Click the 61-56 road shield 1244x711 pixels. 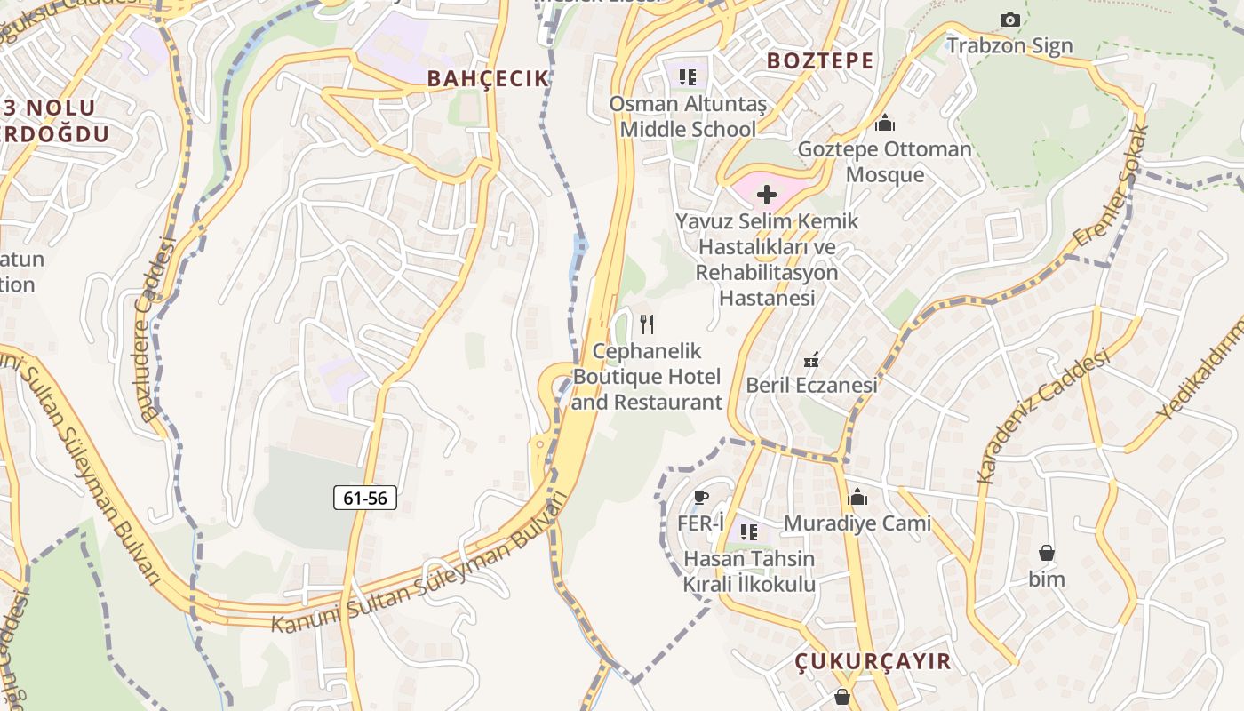pos(365,498)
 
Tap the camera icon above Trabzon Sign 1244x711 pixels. pos(1009,20)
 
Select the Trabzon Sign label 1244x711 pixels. pos(1009,45)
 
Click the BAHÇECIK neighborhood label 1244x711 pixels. pos(489,78)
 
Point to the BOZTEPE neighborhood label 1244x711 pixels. pos(820,60)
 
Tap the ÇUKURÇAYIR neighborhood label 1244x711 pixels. pos(873,661)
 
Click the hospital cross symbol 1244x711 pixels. pos(766,195)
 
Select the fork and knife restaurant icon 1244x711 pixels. pos(647,324)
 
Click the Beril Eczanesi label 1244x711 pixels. pos(811,385)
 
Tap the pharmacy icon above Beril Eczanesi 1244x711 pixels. pos(810,361)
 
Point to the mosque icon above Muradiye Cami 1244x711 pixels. pos(857,497)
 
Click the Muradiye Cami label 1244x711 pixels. pos(857,523)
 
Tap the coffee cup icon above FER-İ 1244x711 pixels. pos(701,498)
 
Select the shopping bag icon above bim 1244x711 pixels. pos(1047,553)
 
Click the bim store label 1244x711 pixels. pos(1047,579)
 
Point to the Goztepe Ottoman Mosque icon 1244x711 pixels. pos(884,123)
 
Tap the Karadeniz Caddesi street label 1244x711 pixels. pos(1044,416)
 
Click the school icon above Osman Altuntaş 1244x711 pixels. pos(687,77)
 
